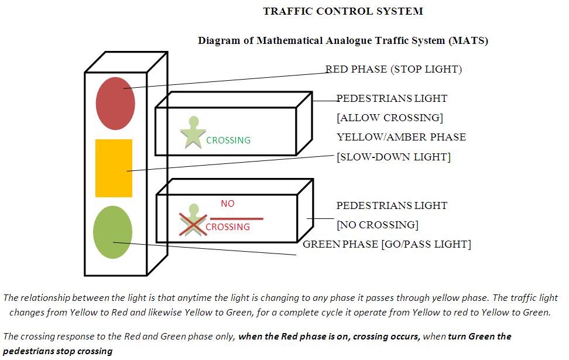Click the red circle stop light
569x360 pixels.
(x=115, y=103)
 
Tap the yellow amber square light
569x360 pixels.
(x=114, y=168)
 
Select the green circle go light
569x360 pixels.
(x=112, y=232)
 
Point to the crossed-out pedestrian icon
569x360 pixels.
(x=193, y=221)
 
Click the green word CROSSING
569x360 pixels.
(x=228, y=140)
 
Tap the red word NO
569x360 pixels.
(x=227, y=204)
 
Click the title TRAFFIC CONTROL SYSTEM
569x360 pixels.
(x=342, y=11)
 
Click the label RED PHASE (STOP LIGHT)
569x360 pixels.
(x=393, y=70)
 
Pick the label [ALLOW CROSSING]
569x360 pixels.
(x=389, y=118)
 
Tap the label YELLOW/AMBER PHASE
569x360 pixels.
(x=401, y=137)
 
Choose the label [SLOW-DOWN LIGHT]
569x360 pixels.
(x=393, y=157)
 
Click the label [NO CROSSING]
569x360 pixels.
(x=377, y=225)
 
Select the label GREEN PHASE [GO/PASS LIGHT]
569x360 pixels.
(x=386, y=244)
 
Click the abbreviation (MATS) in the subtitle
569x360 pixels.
(x=468, y=41)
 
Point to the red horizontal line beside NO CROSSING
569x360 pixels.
(x=236, y=218)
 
